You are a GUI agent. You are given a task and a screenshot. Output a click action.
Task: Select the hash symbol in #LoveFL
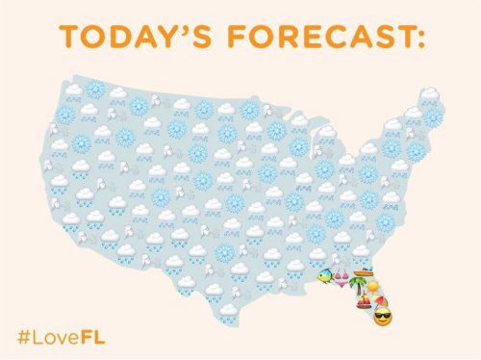pyautogui.click(x=23, y=337)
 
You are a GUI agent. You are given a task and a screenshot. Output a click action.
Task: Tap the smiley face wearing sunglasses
pyautogui.click(x=383, y=318)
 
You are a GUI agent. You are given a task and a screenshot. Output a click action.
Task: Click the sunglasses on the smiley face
pyautogui.click(x=383, y=316)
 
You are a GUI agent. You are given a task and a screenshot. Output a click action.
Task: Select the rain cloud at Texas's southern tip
pyautogui.click(x=227, y=310)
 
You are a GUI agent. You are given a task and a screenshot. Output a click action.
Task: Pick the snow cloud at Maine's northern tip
pyautogui.click(x=428, y=95)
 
